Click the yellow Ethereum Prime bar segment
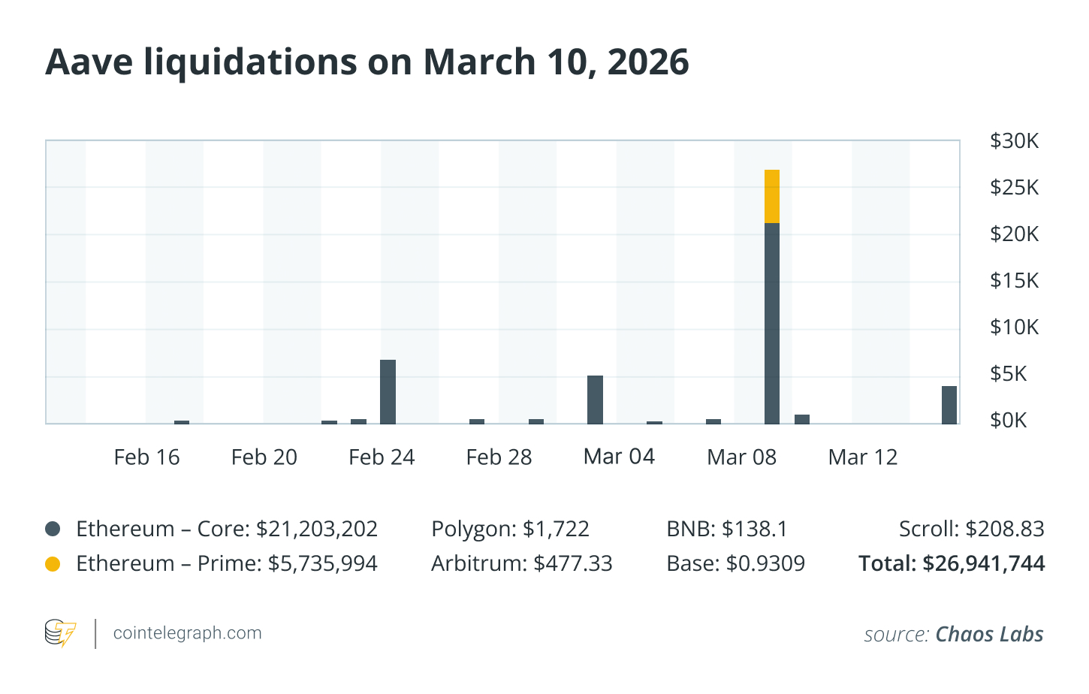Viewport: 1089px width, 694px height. (x=772, y=197)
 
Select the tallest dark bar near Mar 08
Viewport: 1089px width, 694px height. (x=772, y=323)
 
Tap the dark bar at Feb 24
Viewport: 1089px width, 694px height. (x=388, y=392)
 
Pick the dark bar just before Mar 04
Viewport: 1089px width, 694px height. (x=595, y=400)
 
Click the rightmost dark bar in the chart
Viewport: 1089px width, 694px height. (x=949, y=406)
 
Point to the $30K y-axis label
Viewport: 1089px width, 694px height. (x=1014, y=141)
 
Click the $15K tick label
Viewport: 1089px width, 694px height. (x=1014, y=281)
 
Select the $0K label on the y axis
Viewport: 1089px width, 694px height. (x=1008, y=421)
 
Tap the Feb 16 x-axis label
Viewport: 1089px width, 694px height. (x=146, y=457)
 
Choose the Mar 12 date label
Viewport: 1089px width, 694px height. (x=863, y=457)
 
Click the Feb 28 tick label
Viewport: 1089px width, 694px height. (x=499, y=457)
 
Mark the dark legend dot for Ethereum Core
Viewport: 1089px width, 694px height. (x=53, y=529)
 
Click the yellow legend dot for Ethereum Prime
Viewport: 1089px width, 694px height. (x=53, y=563)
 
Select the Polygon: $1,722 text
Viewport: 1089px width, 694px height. (x=510, y=529)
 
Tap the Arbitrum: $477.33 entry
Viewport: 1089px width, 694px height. (x=521, y=563)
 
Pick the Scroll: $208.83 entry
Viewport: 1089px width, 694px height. (x=971, y=529)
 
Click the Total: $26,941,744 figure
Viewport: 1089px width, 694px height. (x=952, y=563)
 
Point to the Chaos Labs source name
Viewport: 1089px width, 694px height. (x=989, y=635)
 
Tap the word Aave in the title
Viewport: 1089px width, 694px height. (x=89, y=62)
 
